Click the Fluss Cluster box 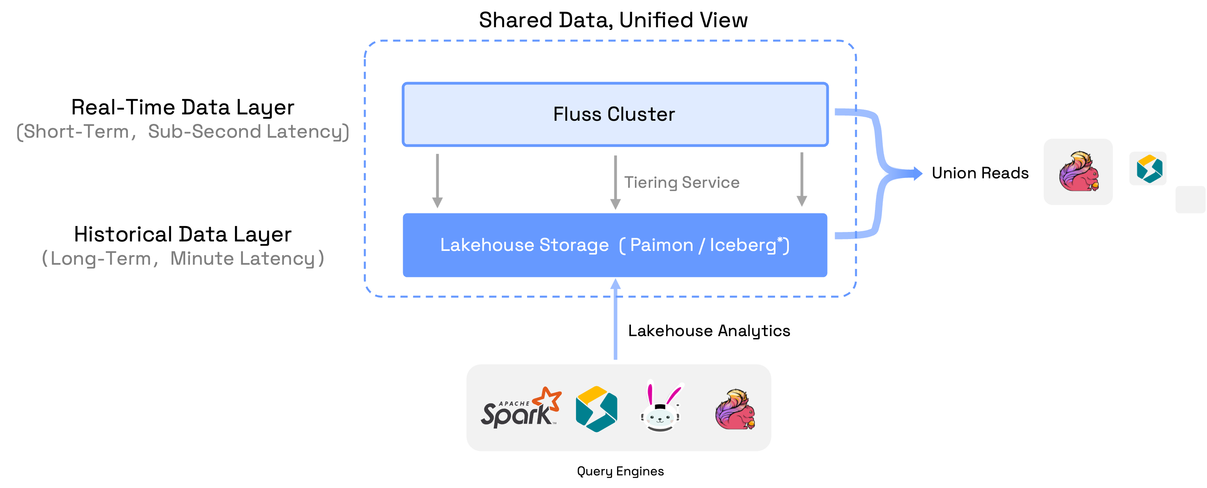615,114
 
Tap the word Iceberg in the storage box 743,245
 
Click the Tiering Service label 682,182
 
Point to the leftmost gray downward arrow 437,181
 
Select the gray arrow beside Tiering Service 615,182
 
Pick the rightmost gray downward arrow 802,179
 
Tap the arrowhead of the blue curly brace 918,174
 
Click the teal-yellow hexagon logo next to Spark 597,409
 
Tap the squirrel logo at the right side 1078,171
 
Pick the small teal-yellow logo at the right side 1148,168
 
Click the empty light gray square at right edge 1190,200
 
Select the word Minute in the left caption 202,258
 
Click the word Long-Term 101,258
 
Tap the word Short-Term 76,132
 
